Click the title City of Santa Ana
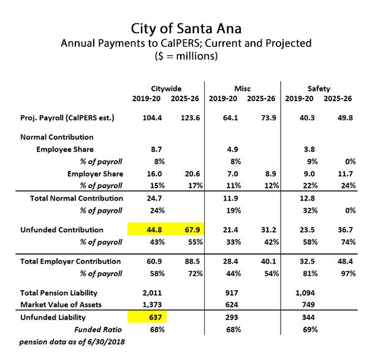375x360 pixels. [x=187, y=29]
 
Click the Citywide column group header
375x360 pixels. [x=166, y=88]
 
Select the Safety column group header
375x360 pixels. [x=319, y=88]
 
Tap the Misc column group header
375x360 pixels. [x=242, y=88]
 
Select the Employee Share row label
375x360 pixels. [x=65, y=149]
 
